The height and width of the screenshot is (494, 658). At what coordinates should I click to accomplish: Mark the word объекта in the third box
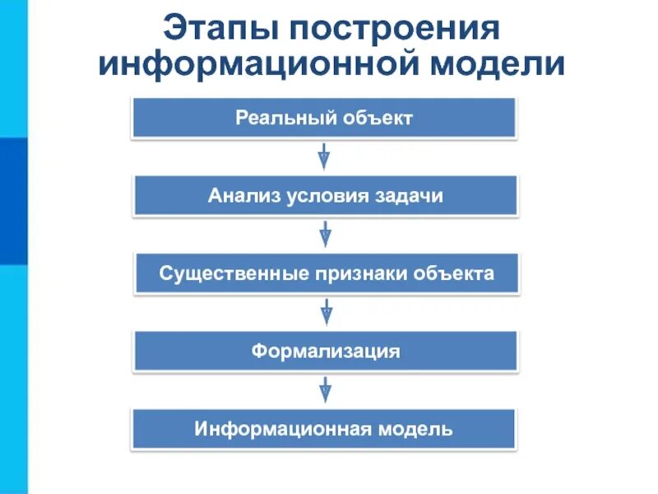click(x=453, y=273)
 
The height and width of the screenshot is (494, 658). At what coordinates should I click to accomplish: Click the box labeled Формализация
click(x=326, y=352)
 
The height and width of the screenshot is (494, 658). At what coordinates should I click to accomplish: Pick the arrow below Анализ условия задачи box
click(x=326, y=234)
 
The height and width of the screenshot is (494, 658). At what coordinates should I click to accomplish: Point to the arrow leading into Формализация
click(x=326, y=312)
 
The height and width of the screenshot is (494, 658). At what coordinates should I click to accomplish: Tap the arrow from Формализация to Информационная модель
click(x=326, y=389)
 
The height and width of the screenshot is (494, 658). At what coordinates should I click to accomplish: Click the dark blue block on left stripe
click(x=13, y=201)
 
